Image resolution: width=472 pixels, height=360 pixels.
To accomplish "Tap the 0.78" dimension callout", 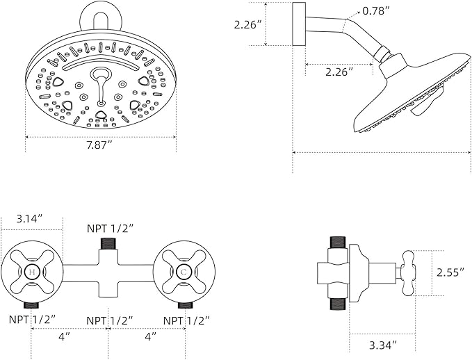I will pos(376,11).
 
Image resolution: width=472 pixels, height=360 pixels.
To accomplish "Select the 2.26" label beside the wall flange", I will pos(249,24).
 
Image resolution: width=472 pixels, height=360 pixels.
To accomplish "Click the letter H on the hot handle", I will pos(31,270).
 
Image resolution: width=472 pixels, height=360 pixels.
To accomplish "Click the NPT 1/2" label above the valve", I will pos(110,228).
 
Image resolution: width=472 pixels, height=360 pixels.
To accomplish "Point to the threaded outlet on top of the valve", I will pos(108,243).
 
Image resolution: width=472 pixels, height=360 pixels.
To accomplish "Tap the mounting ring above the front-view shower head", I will pos(101,15).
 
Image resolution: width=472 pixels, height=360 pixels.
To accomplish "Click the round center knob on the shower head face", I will pos(101,74).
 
